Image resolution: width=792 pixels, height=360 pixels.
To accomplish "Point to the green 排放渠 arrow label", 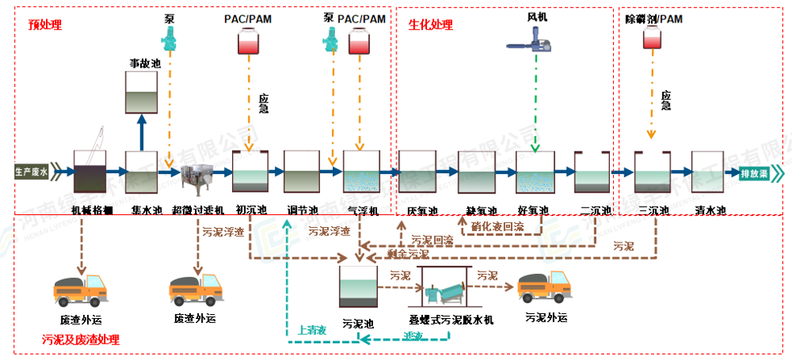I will pos(759,172).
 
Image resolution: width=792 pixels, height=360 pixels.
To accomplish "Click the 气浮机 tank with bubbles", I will pos(361,172).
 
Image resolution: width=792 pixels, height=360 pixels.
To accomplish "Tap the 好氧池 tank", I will pos(533,172).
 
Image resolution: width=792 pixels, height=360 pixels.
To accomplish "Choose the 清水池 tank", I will pos(709,172).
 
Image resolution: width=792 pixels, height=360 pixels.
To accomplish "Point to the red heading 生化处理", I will pos(429,25).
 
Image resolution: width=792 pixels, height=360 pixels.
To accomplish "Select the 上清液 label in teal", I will pos(311,329).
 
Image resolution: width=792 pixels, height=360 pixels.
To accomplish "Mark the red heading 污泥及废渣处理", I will pos(81,339).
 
